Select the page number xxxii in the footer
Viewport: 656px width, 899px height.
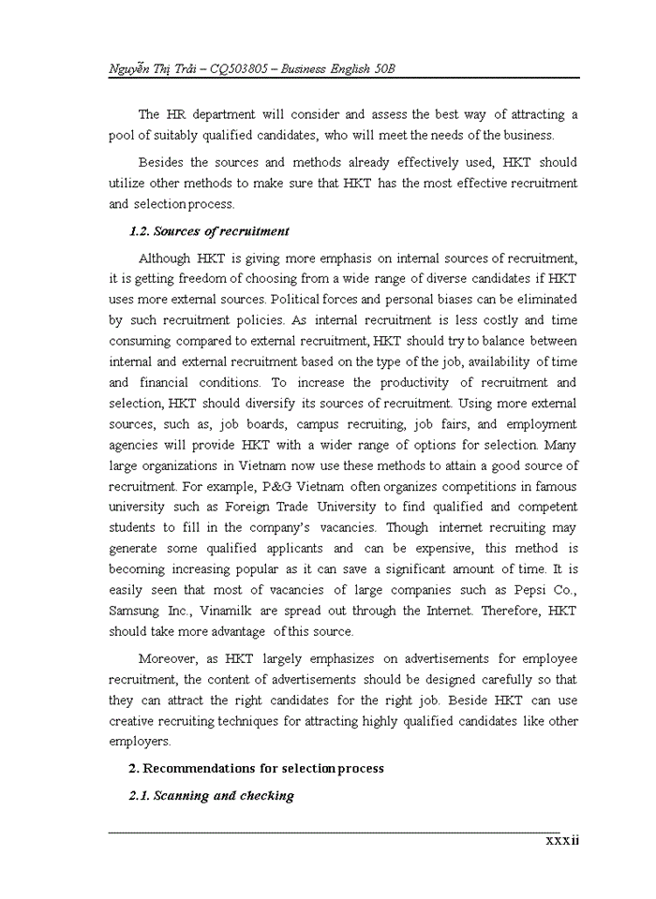click(x=562, y=840)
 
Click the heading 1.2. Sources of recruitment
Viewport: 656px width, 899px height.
click(x=209, y=231)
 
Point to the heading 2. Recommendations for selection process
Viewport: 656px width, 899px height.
click(x=256, y=768)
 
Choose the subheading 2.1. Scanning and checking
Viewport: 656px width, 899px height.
click(x=211, y=796)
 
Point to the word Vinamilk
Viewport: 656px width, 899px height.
click(x=252, y=611)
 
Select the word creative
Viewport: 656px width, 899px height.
click(x=132, y=721)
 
